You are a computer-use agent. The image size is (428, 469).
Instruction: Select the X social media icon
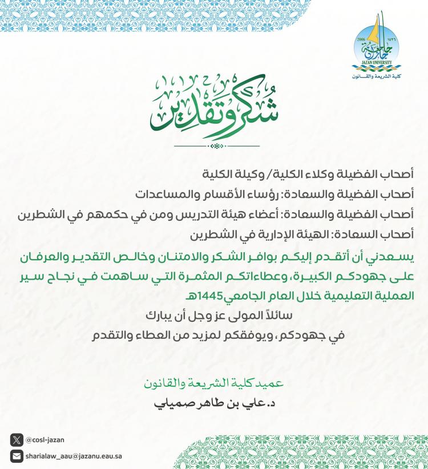click(17, 440)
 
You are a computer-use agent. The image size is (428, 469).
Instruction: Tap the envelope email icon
click(17, 456)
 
